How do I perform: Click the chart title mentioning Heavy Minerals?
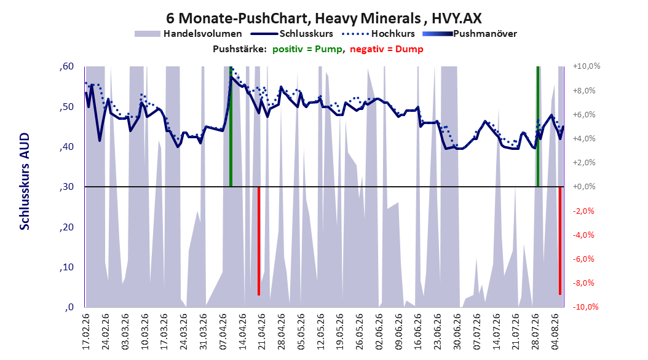(323, 18)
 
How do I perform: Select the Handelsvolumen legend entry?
(188, 34)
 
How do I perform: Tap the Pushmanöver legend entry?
(470, 34)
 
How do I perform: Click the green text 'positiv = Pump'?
(307, 49)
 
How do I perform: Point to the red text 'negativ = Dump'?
(387, 49)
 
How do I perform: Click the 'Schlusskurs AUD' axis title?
(25, 181)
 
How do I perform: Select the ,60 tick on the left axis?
(66, 66)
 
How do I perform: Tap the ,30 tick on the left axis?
(66, 187)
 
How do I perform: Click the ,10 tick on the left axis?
(66, 267)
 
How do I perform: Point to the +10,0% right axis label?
(586, 66)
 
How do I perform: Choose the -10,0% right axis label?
(586, 307)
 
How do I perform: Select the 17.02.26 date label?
(86, 332)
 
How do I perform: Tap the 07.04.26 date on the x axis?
(224, 332)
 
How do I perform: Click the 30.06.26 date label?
(457, 332)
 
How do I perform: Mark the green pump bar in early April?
(231, 127)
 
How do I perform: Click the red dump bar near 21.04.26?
(259, 241)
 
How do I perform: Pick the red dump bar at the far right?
(560, 241)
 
